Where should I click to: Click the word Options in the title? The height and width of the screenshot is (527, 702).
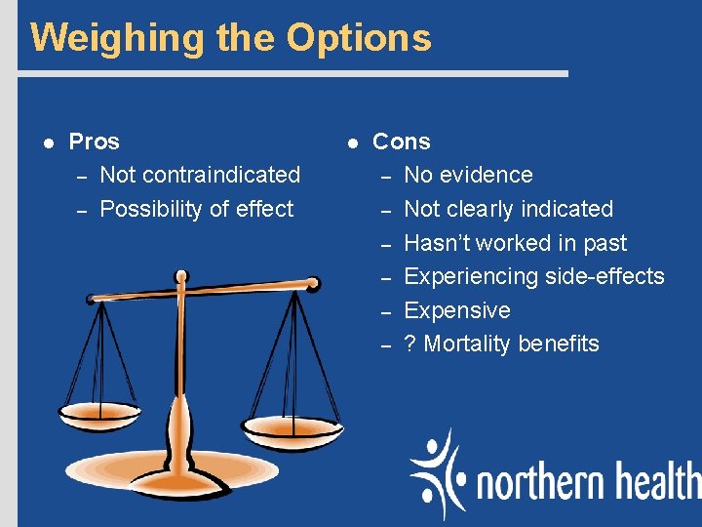pyautogui.click(x=359, y=38)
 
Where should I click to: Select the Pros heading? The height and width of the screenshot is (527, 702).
pyautogui.click(x=95, y=142)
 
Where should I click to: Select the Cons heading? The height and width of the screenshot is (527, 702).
pyautogui.click(x=402, y=142)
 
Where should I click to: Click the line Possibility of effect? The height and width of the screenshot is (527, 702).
pyautogui.click(x=197, y=209)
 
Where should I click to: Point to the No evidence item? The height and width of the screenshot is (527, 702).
pyautogui.click(x=468, y=176)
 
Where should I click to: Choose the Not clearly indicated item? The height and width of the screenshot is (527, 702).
pyautogui.click(x=508, y=209)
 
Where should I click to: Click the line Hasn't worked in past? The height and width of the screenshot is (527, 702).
pyautogui.click(x=515, y=243)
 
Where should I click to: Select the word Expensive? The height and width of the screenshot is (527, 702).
pyautogui.click(x=456, y=310)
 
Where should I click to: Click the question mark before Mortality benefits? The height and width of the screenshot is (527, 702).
pyautogui.click(x=410, y=344)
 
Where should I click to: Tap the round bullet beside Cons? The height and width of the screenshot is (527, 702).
pyautogui.click(x=352, y=142)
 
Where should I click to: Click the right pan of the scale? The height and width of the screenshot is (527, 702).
pyautogui.click(x=290, y=426)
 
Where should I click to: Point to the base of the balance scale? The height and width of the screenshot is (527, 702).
pyautogui.click(x=180, y=478)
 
